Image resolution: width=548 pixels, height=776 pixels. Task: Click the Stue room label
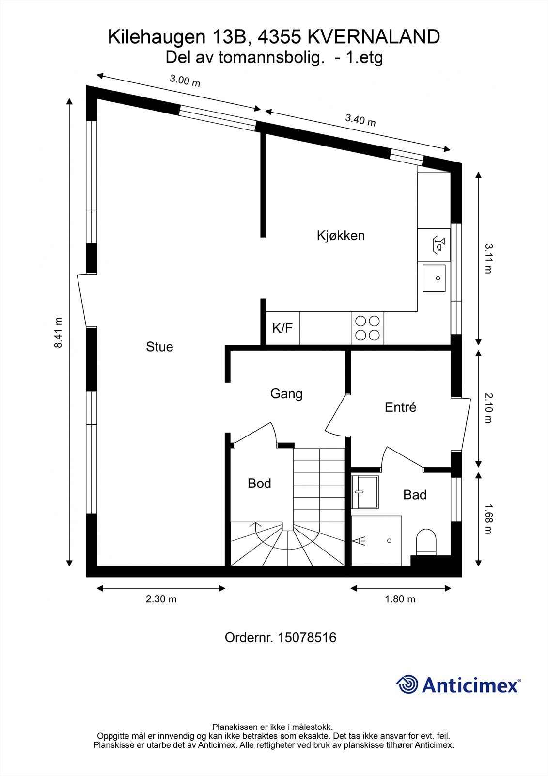click(159, 347)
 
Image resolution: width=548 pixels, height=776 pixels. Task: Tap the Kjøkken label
click(341, 236)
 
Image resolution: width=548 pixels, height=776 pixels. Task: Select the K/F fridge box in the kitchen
click(282, 328)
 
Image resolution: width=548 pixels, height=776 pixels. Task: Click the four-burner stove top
click(367, 328)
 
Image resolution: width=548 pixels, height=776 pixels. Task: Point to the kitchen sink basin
click(434, 278)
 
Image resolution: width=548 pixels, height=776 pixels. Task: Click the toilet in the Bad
click(426, 542)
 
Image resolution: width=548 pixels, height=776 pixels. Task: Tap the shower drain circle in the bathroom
click(389, 541)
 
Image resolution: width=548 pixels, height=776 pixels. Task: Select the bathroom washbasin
click(365, 492)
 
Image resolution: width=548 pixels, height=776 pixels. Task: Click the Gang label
click(286, 394)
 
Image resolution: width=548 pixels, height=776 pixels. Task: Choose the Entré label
click(400, 407)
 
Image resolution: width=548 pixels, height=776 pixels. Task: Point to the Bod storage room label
click(259, 483)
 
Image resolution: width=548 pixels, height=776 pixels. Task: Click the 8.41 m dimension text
click(58, 333)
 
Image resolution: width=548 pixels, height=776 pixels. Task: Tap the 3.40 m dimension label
click(360, 120)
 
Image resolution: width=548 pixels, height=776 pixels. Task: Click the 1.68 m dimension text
click(488, 519)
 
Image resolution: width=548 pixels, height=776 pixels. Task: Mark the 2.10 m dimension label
click(488, 408)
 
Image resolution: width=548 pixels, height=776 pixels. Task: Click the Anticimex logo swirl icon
click(407, 684)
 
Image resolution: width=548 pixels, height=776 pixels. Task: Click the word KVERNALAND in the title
click(374, 37)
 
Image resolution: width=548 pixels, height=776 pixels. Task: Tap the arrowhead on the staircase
click(255, 524)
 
